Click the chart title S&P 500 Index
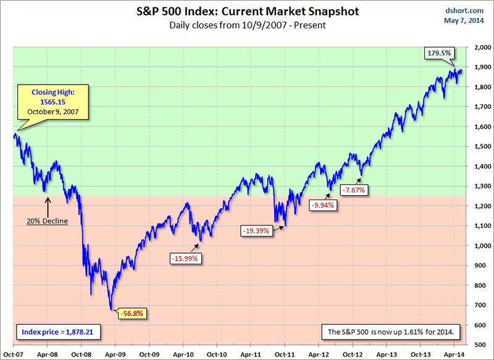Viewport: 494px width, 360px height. pyautogui.click(x=246, y=12)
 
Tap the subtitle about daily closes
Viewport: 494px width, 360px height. pyautogui.click(x=246, y=25)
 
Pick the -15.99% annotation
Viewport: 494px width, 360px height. pyautogui.click(x=185, y=259)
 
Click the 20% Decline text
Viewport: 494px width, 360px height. pyautogui.click(x=47, y=220)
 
